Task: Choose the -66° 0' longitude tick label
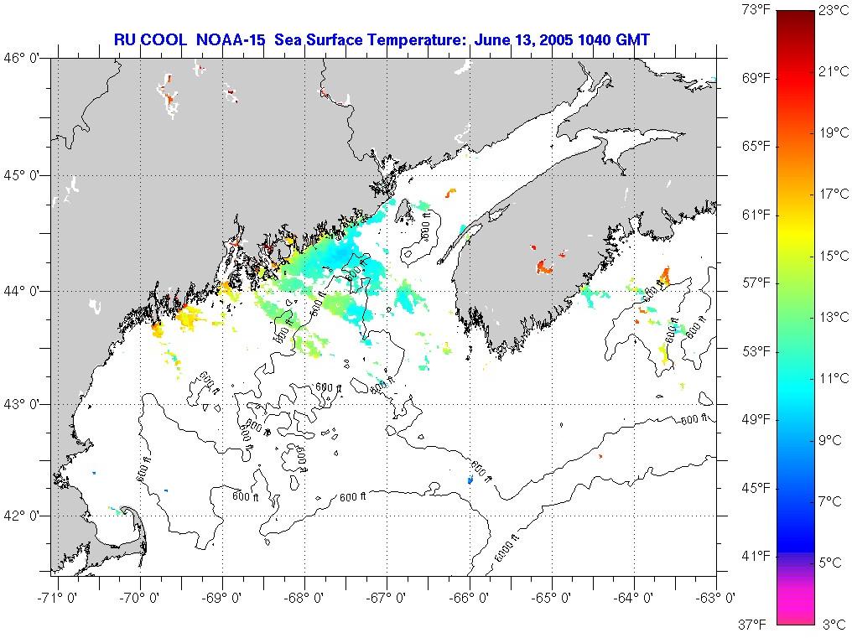pyautogui.click(x=470, y=598)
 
